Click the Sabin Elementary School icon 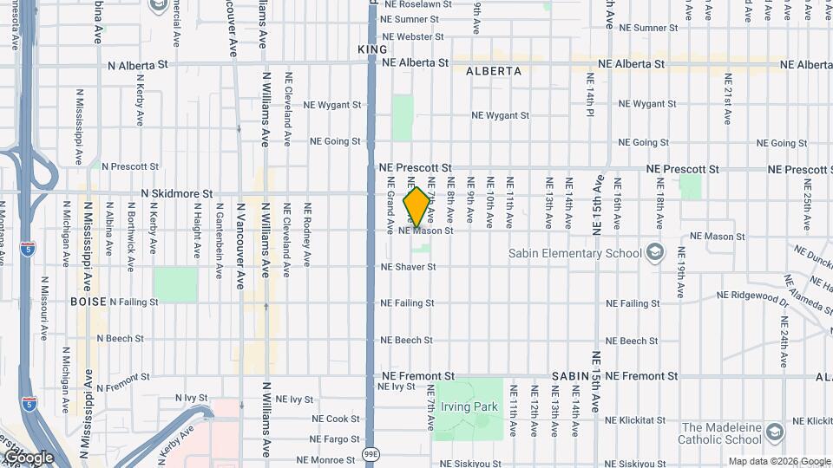coord(655,253)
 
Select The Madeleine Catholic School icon coord(775,432)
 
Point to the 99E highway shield coord(371,452)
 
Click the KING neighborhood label coord(372,50)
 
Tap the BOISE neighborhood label coord(89,302)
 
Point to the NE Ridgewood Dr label coord(752,296)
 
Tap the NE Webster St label coord(413,37)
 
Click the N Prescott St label coord(130,166)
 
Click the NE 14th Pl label coord(589,96)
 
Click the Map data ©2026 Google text coord(778,462)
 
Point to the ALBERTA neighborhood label coord(493,71)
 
